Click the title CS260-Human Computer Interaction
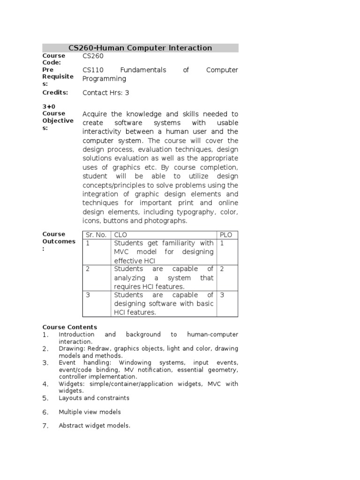coord(140,48)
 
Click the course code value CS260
coord(93,56)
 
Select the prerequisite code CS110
coord(93,70)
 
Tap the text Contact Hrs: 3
coord(106,93)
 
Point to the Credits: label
coord(55,92)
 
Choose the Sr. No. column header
coord(96,235)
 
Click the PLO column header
coord(226,235)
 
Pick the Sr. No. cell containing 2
coord(88,269)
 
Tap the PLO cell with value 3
coord(222,295)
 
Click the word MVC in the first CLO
coord(121,252)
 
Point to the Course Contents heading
coord(70,327)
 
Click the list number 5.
coord(45,398)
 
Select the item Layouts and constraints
coord(94,398)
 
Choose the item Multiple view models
coord(90,412)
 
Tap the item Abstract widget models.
coord(94,426)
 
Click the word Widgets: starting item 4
coord(71,384)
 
